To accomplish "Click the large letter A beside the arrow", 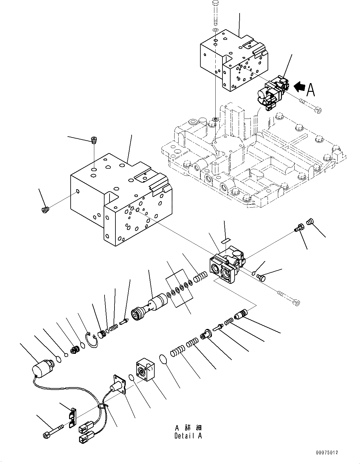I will click(x=311, y=90).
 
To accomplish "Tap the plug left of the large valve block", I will click(x=45, y=210).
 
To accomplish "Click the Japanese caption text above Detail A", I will click(x=188, y=428).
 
